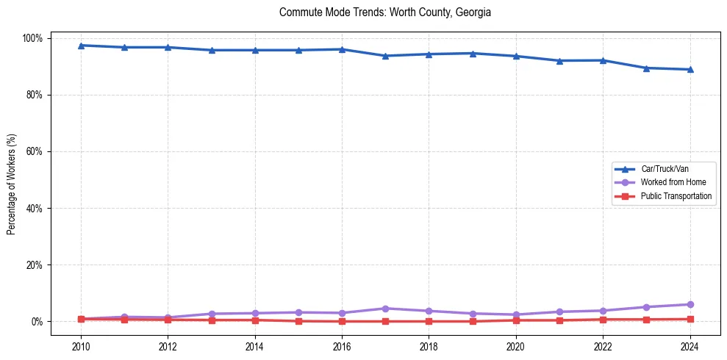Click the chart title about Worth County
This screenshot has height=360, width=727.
coord(385,12)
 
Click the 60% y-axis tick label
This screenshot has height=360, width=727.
coord(35,151)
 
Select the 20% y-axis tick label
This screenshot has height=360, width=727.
coord(35,265)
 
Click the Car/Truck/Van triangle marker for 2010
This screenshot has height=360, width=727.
coord(81,46)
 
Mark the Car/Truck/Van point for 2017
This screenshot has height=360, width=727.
coord(385,56)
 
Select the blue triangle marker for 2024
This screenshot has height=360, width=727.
coord(690,70)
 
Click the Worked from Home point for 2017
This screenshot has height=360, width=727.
coord(385,309)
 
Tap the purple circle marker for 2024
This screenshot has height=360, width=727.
coord(690,304)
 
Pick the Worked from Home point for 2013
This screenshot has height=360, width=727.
coord(212,314)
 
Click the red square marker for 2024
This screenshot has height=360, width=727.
coord(690,319)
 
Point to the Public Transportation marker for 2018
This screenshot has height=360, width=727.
coord(429,321)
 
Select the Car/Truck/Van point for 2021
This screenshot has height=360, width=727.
coord(559,61)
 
